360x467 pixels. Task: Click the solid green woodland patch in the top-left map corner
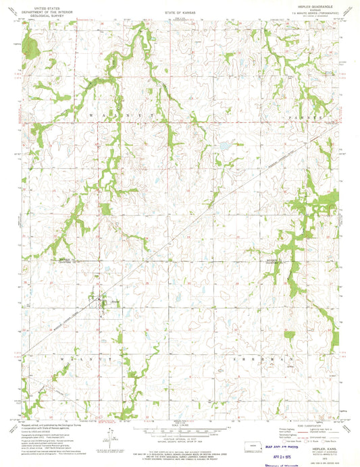[30, 46]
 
